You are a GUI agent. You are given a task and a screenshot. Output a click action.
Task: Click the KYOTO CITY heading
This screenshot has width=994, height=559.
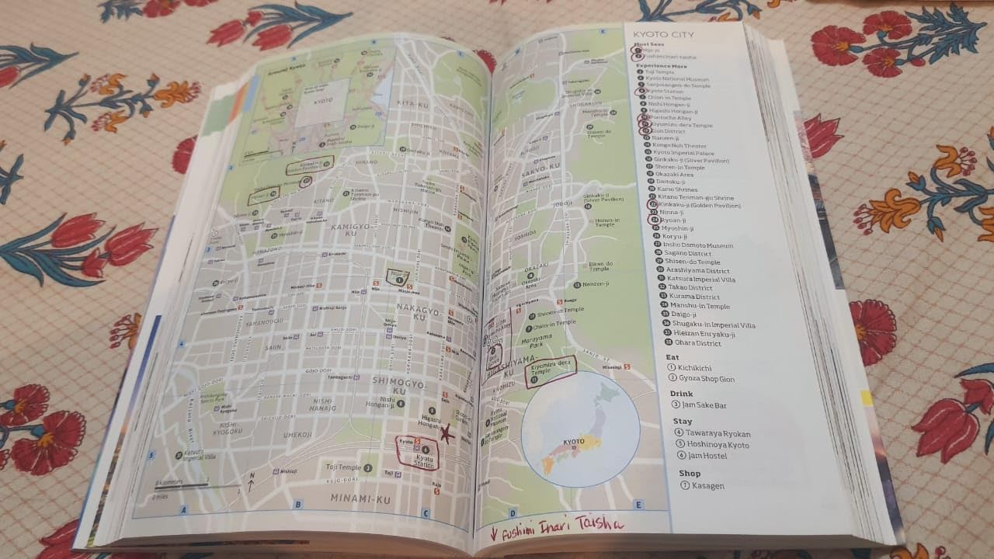click(663, 35)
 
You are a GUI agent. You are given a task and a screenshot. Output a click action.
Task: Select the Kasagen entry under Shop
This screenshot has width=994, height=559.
click(707, 486)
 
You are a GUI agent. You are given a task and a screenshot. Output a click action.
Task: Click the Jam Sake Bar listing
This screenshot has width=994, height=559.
click(704, 405)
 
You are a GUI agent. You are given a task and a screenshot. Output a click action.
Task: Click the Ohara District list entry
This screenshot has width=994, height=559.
click(697, 343)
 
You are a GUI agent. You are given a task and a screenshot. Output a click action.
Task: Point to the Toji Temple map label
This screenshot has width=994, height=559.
click(343, 467)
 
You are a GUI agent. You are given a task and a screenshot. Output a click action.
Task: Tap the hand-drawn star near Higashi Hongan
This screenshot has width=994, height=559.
click(446, 434)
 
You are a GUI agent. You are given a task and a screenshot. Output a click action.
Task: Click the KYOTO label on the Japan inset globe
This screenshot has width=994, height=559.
click(574, 442)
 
